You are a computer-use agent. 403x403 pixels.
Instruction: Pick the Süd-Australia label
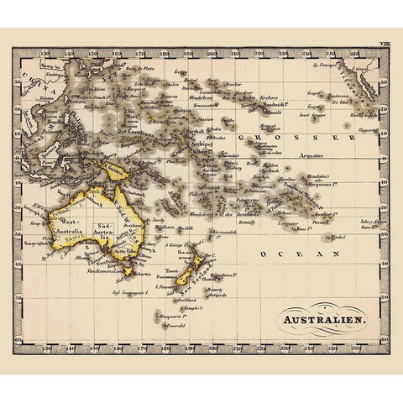107,229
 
